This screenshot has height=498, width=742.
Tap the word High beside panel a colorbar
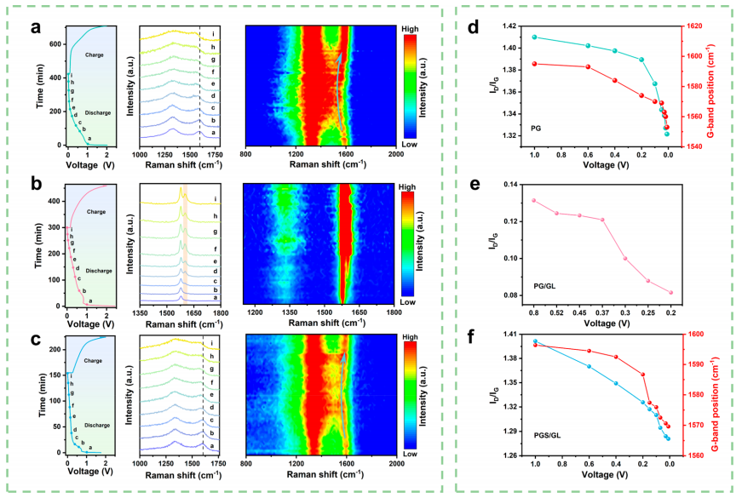(411, 28)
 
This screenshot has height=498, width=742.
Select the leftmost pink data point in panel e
(534, 200)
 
